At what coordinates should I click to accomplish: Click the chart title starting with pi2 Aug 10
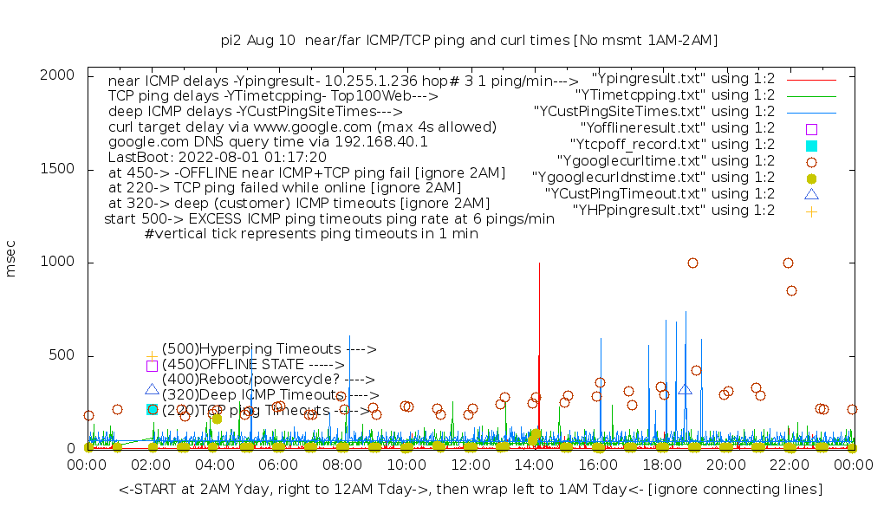[470, 40]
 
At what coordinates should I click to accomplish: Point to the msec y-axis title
[11, 261]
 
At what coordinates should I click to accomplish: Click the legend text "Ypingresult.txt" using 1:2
[682, 78]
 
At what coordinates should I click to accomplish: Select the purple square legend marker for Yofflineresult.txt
[811, 128]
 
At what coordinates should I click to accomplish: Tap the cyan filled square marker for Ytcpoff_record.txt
[811, 145]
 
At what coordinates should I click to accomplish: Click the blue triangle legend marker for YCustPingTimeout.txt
[811, 194]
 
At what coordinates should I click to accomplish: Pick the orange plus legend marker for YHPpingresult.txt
[811, 211]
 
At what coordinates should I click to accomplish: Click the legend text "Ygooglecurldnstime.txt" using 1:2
[653, 177]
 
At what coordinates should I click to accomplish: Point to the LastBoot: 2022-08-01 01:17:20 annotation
[218, 157]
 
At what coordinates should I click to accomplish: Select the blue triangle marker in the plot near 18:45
[685, 390]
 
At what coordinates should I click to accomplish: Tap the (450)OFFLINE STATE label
[253, 365]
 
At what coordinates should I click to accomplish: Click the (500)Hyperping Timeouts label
[269, 349]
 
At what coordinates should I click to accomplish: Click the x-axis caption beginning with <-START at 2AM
[470, 490]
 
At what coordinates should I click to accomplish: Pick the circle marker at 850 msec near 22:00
[791, 290]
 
